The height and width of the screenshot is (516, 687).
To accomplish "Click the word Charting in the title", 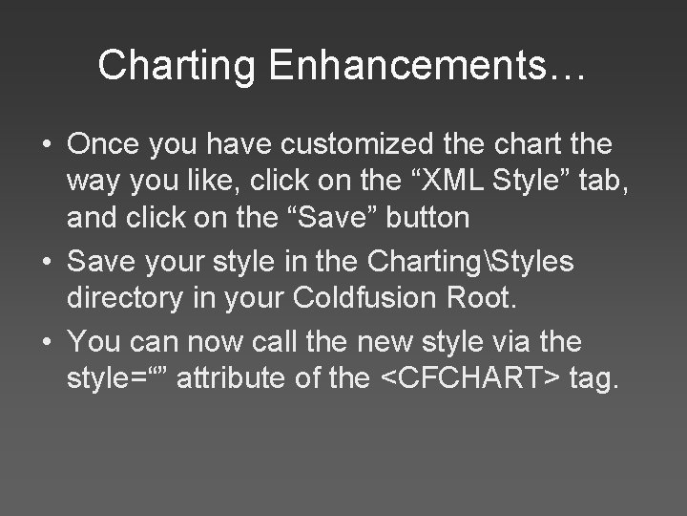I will [177, 65].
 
